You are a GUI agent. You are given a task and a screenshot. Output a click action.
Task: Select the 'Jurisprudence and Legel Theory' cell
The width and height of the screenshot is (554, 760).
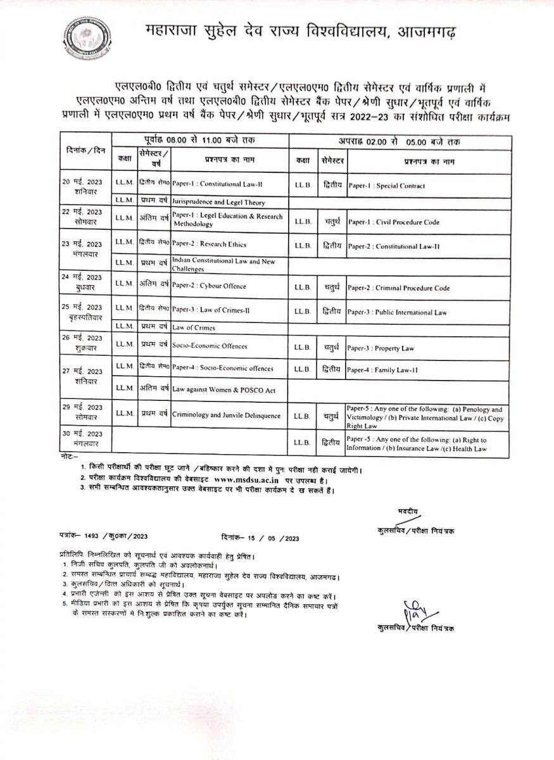tap(218, 203)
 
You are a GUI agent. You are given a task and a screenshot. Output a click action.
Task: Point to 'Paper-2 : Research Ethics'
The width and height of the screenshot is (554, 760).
tap(209, 244)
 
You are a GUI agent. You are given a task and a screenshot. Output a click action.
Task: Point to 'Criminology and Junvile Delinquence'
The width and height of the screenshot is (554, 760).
tap(226, 415)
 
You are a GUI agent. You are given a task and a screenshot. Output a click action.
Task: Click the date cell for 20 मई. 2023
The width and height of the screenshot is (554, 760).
tap(85, 186)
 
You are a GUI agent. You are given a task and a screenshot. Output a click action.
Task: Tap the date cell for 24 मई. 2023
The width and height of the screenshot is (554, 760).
tap(85, 281)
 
